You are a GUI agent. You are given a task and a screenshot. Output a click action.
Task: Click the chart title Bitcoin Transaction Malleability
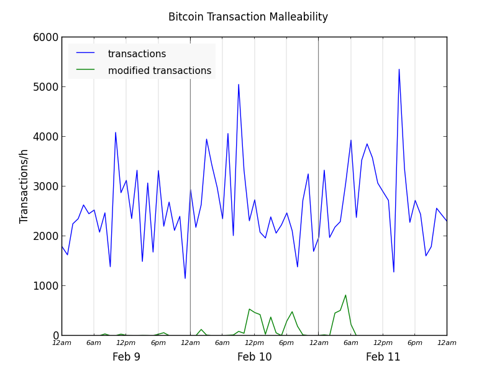(x=248, y=17)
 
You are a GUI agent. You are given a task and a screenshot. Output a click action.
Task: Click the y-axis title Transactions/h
(x=24, y=186)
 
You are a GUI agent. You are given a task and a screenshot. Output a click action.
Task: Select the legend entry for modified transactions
(x=159, y=71)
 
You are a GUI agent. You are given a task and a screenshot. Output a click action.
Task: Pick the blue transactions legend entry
(x=137, y=54)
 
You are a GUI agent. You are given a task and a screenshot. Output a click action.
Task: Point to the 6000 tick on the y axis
(x=47, y=37)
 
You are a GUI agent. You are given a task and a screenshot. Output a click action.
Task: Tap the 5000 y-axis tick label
(x=47, y=87)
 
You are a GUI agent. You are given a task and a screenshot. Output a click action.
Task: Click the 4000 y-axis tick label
(x=47, y=137)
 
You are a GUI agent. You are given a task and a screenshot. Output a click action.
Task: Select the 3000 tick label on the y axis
(x=47, y=186)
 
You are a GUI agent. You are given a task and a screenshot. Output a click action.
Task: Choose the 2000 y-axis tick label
(x=47, y=236)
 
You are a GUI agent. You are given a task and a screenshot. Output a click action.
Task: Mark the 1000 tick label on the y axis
(x=47, y=286)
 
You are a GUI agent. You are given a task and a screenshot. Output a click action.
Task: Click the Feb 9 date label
(x=126, y=357)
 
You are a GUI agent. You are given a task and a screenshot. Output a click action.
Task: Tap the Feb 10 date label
(x=255, y=357)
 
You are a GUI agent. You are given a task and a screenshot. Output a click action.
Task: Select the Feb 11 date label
(x=383, y=357)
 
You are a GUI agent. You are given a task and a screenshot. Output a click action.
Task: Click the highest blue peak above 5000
(x=399, y=69)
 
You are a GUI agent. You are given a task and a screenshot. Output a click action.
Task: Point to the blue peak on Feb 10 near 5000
(x=239, y=85)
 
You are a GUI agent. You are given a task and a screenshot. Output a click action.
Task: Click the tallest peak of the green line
(x=345, y=295)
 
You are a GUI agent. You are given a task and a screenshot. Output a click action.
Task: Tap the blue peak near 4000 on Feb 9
(x=116, y=132)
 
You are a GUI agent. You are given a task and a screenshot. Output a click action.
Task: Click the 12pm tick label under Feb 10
(x=254, y=343)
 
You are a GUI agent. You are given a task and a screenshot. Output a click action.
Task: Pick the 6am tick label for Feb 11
(x=350, y=343)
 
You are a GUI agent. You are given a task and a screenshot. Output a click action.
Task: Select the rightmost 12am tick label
(x=447, y=343)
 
